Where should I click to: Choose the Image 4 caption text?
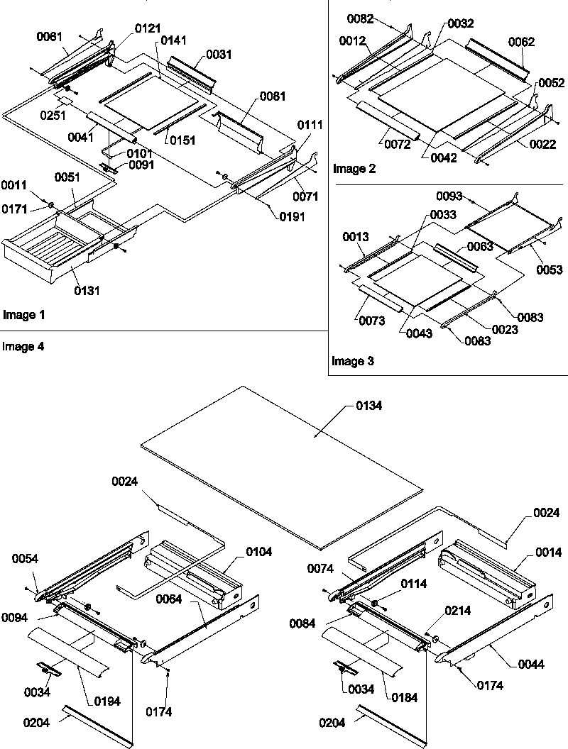pos(21,347)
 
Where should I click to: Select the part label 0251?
pos(51,116)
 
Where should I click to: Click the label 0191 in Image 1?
pos(292,217)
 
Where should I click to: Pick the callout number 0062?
pos(522,42)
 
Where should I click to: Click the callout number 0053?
pos(550,270)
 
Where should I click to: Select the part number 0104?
pos(258,550)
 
